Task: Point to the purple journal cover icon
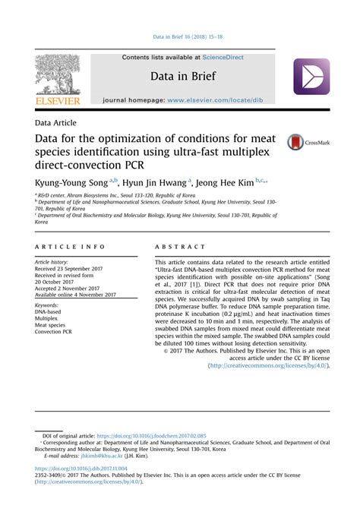click(311, 76)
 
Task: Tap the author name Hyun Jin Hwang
click(154, 182)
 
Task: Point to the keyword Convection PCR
click(53, 331)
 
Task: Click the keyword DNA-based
click(49, 311)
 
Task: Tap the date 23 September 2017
click(80, 268)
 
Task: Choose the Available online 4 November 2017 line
click(75, 295)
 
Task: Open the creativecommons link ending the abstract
click(270, 365)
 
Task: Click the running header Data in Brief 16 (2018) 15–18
click(180, 36)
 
